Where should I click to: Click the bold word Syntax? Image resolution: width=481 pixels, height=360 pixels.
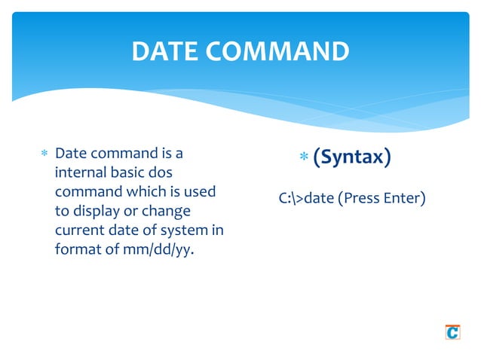tap(351, 157)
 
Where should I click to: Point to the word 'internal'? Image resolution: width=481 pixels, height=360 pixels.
tap(81, 173)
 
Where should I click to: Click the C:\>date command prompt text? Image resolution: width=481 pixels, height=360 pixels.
tap(306, 200)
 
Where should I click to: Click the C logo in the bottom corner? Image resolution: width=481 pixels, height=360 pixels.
tap(452, 331)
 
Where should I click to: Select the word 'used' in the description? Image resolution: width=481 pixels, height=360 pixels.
tap(201, 192)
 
